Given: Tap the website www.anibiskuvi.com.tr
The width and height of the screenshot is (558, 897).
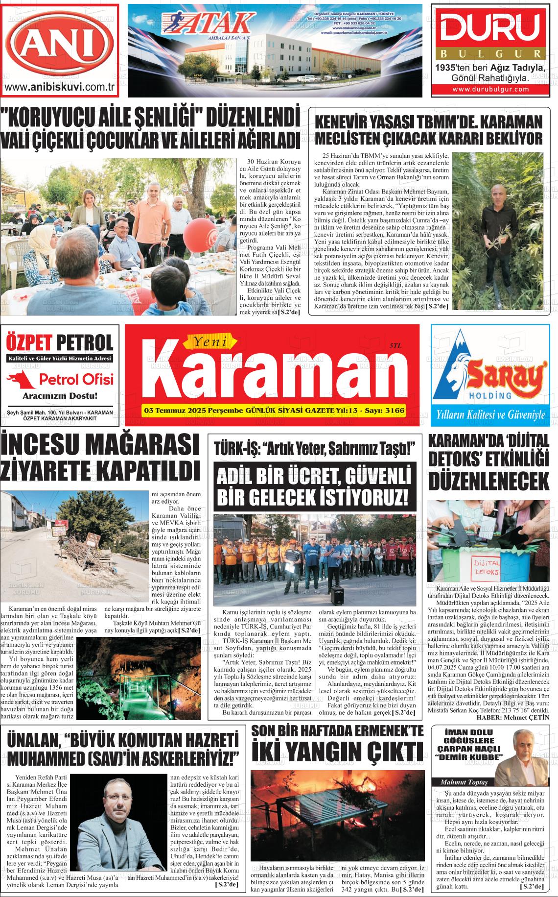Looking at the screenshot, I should coord(59,88).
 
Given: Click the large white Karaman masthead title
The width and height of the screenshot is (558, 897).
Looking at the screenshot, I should coord(265,378).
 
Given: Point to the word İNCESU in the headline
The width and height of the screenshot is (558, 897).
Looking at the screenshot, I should coord(51,446).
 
